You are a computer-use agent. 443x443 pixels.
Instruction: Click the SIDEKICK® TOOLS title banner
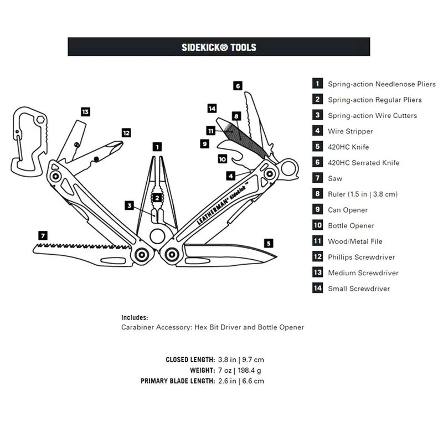point(219,47)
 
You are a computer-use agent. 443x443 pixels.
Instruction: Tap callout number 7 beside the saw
point(43,235)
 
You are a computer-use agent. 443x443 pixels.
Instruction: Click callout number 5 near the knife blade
point(269,243)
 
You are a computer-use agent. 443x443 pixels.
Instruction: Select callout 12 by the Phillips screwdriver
point(126,133)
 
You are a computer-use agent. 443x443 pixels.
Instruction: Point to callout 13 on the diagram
point(85,112)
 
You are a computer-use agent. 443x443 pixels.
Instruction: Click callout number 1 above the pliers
point(158,147)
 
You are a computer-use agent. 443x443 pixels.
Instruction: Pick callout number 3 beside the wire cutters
point(130,205)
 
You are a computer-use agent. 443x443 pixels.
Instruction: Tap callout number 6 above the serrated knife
point(238,86)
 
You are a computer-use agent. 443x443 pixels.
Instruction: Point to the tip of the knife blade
point(275,256)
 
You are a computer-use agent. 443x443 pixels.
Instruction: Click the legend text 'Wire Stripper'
point(351,131)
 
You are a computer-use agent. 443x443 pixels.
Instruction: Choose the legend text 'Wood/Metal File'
point(355,241)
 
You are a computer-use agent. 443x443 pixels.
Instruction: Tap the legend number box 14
point(317,289)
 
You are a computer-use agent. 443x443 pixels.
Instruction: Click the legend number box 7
point(317,178)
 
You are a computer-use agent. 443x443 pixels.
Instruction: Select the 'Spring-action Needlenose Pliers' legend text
point(382,84)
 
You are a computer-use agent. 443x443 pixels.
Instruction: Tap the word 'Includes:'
point(135,318)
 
